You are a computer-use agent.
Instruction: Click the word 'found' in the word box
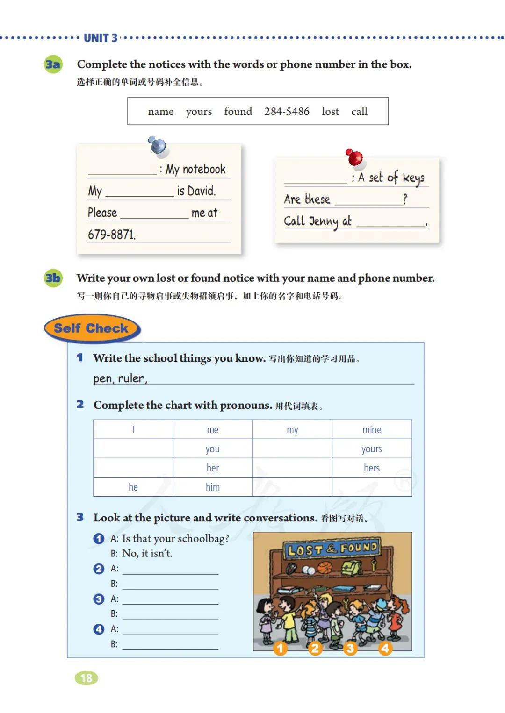[238, 111]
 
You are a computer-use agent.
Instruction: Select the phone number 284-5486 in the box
[287, 111]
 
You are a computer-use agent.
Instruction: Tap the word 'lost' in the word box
[330, 111]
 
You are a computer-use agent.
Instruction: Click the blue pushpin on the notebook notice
[158, 145]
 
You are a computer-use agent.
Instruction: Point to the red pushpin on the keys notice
[354, 157]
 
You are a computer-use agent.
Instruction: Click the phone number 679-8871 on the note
[112, 234]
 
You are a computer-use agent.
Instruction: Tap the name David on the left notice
[201, 191]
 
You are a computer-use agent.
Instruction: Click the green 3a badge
[53, 64]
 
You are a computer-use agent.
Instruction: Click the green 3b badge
[53, 278]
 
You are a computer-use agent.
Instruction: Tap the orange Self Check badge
[92, 328]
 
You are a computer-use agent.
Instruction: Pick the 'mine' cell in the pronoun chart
[372, 429]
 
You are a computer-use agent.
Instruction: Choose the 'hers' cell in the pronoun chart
[372, 468]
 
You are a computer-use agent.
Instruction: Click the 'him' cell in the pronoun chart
[213, 487]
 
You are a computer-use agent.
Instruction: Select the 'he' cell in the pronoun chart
[133, 487]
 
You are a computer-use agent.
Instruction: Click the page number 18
[87, 678]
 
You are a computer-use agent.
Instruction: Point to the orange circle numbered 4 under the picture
[385, 648]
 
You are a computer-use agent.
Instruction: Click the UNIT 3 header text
[101, 38]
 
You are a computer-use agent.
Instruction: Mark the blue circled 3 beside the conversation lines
[99, 599]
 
